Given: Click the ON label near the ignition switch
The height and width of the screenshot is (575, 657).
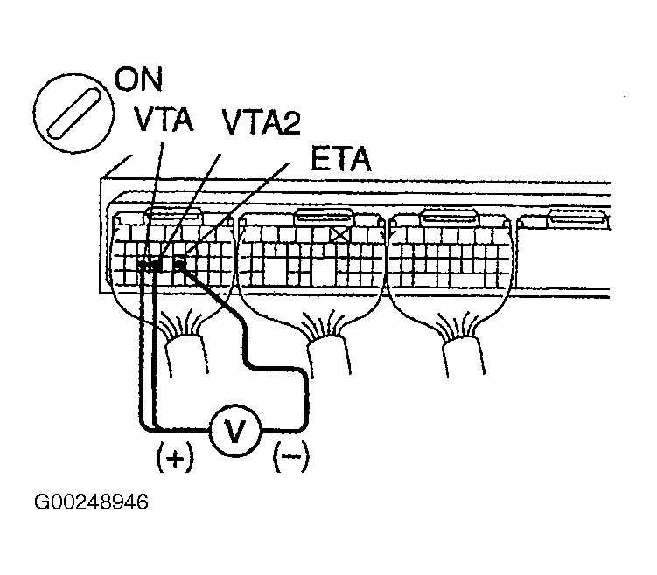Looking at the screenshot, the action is coord(140,80).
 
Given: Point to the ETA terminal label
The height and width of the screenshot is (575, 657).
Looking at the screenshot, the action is coord(341,161).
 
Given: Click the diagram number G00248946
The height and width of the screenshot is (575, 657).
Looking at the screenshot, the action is coord(91,503).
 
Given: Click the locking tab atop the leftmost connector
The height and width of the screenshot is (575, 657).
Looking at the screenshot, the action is coord(171,215).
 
